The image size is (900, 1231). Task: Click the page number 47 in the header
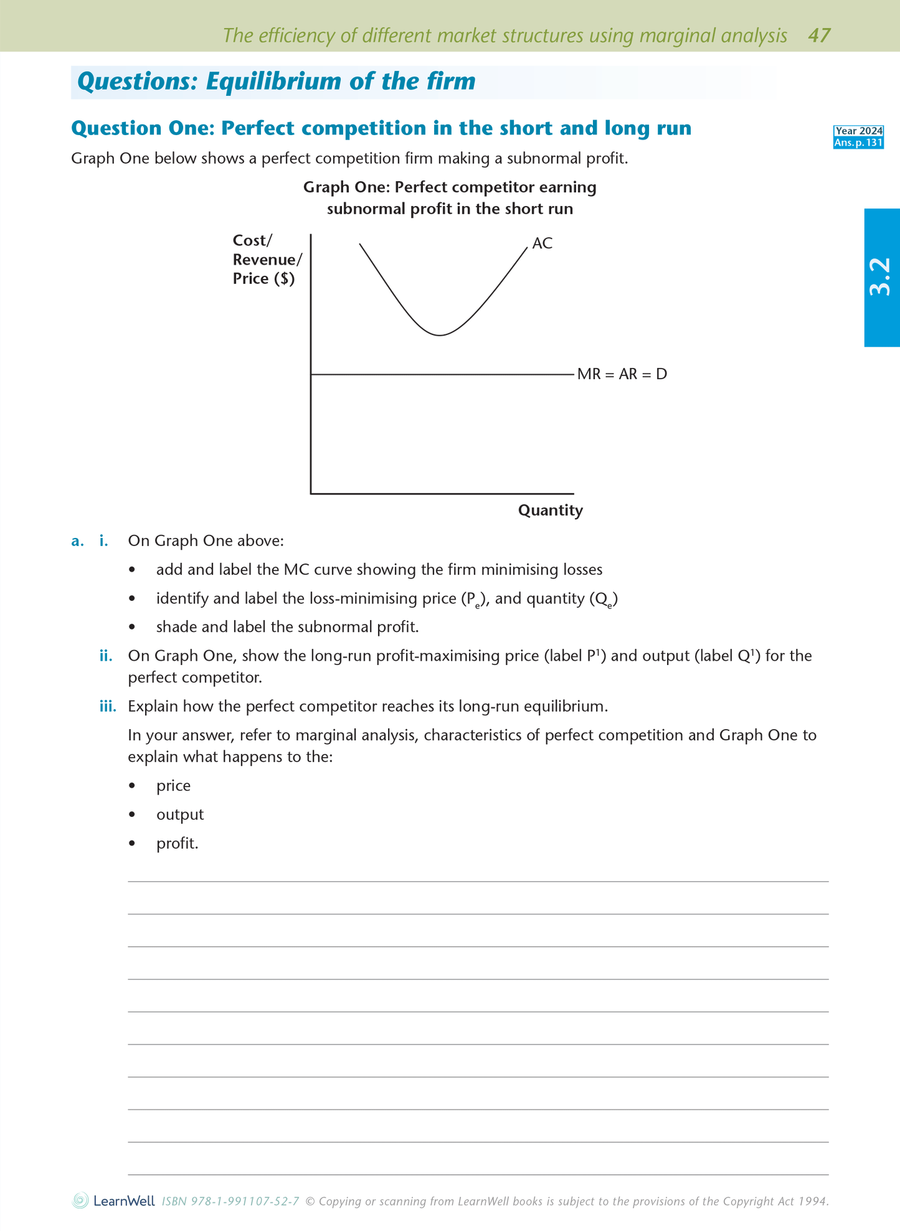tap(819, 35)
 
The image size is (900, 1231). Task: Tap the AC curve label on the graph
tap(542, 243)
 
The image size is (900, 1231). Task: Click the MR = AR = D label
tap(622, 374)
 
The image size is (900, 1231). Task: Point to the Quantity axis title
tap(550, 511)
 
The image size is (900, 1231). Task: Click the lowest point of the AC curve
tap(440, 335)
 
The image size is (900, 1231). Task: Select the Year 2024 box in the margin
tap(858, 131)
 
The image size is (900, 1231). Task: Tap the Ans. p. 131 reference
tap(858, 143)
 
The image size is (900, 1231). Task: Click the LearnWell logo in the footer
tap(114, 1201)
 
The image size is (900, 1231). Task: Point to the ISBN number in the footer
tap(230, 1202)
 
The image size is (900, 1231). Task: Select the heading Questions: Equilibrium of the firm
tap(276, 82)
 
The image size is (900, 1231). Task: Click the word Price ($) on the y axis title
tap(263, 278)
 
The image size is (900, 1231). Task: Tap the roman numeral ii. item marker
tap(106, 656)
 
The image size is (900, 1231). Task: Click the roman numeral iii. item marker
tap(108, 707)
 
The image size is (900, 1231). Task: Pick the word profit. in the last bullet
tap(177, 844)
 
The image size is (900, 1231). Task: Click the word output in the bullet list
tap(179, 814)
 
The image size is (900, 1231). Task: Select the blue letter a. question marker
tap(77, 540)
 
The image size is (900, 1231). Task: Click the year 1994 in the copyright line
tap(814, 1202)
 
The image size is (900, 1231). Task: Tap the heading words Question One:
tap(143, 128)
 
